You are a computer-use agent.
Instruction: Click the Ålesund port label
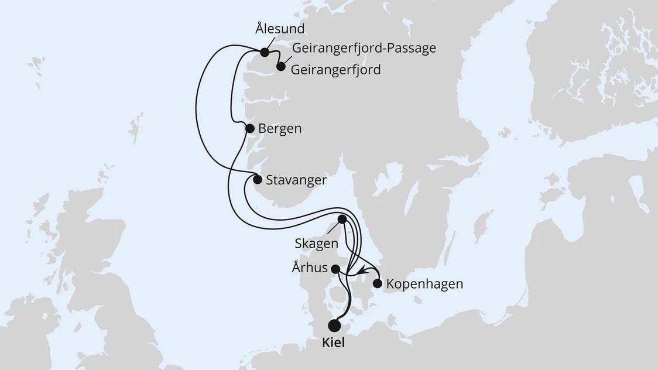pyautogui.click(x=280, y=28)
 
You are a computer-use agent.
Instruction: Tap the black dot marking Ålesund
pyautogui.click(x=265, y=53)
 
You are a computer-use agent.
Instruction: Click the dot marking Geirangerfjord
pyautogui.click(x=281, y=67)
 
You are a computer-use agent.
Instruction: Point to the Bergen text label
pyautogui.click(x=280, y=129)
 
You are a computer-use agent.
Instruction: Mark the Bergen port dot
pyautogui.click(x=249, y=128)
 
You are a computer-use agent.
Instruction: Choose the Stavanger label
pyautogui.click(x=296, y=180)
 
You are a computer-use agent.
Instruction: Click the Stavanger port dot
pyautogui.click(x=258, y=180)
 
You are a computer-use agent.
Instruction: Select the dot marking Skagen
pyautogui.click(x=342, y=219)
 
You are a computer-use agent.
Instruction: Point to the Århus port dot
pyautogui.click(x=335, y=269)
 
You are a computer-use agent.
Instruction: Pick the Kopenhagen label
pyautogui.click(x=425, y=285)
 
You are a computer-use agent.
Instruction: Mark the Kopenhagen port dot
pyautogui.click(x=378, y=284)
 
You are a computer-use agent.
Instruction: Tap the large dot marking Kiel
pyautogui.click(x=335, y=326)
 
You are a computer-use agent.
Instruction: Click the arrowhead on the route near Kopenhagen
pyautogui.click(x=364, y=270)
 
